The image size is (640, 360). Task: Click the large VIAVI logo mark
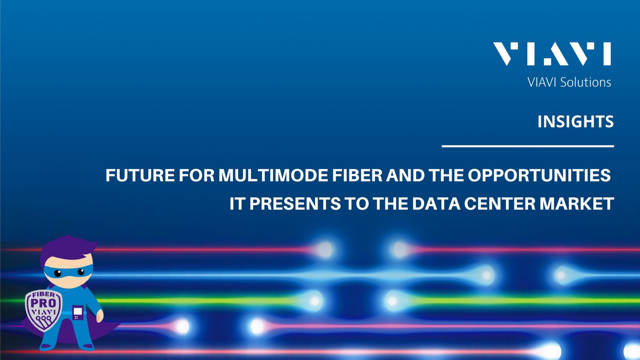point(552,54)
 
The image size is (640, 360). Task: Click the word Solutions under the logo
point(585,82)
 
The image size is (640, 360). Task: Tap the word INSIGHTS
point(575,122)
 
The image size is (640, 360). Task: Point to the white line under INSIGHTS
point(528,146)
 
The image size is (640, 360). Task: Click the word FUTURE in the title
point(140,175)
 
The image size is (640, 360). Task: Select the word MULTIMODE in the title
point(273,175)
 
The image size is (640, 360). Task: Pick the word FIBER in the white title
point(357,175)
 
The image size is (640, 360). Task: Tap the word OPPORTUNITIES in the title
point(539,175)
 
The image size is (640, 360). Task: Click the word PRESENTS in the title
point(295,204)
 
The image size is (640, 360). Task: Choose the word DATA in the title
point(436,204)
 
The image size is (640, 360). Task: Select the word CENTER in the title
point(500,204)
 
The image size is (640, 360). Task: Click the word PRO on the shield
point(43,303)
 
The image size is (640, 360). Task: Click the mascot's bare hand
point(100,316)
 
